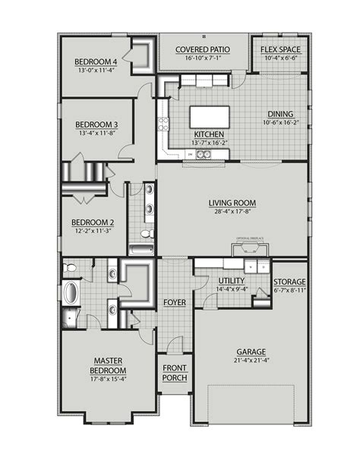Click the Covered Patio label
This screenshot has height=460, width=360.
pos(204,50)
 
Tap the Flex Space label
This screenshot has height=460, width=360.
pos(280,50)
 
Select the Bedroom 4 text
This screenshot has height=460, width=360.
pos(96,61)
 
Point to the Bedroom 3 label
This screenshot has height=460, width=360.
pos(96,124)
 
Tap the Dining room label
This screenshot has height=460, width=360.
pos(280,114)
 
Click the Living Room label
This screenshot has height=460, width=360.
pos(232,203)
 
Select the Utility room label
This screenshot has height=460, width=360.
pos(210,281)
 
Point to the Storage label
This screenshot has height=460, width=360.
pos(289,281)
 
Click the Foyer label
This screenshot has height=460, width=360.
pos(175,302)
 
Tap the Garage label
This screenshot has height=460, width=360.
pos(251,352)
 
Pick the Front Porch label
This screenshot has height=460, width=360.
pos(175,373)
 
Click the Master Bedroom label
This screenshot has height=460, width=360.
pos(109,365)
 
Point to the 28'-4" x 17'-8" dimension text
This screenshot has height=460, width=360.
pos(232,213)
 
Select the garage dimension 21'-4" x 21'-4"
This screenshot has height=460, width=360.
pos(251,361)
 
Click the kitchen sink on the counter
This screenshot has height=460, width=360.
pos(204,156)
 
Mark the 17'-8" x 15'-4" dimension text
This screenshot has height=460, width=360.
pos(109,379)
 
